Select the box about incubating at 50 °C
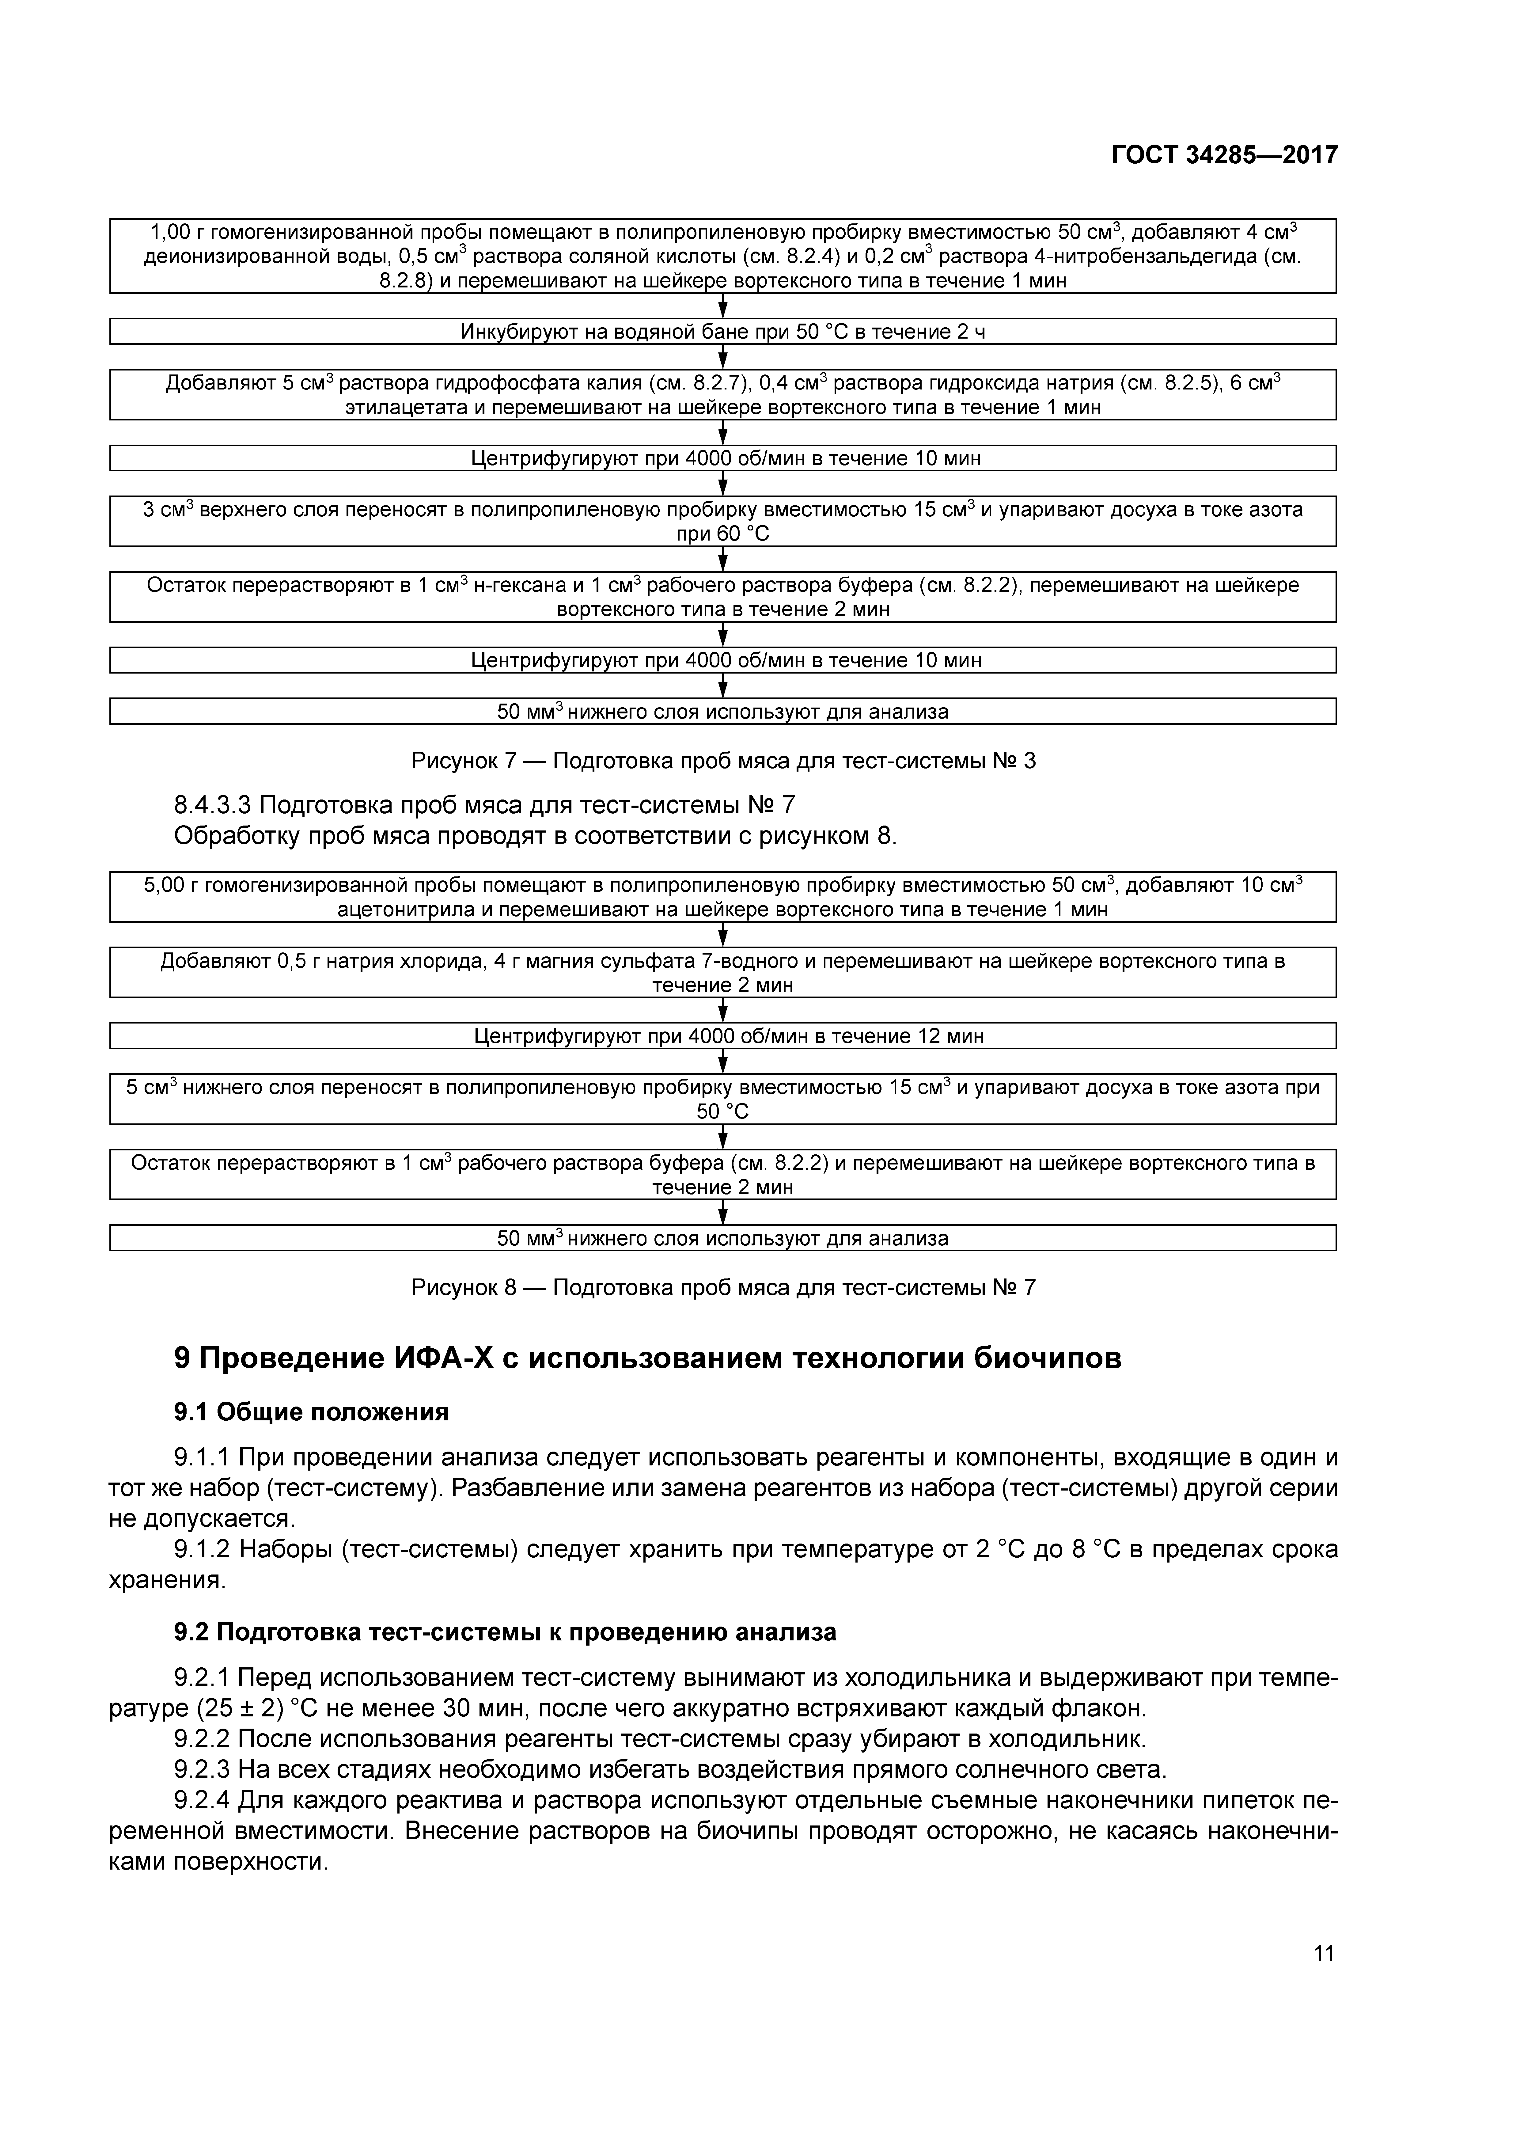pyautogui.click(x=722, y=332)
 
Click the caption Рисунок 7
pyautogui.click(x=723, y=760)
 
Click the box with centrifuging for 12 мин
pyautogui.click(x=722, y=1036)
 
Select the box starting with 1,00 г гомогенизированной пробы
pyautogui.click(x=722, y=256)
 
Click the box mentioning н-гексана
pyautogui.click(x=722, y=597)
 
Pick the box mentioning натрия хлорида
pyautogui.click(x=722, y=972)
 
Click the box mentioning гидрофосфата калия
pyautogui.click(x=722, y=394)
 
